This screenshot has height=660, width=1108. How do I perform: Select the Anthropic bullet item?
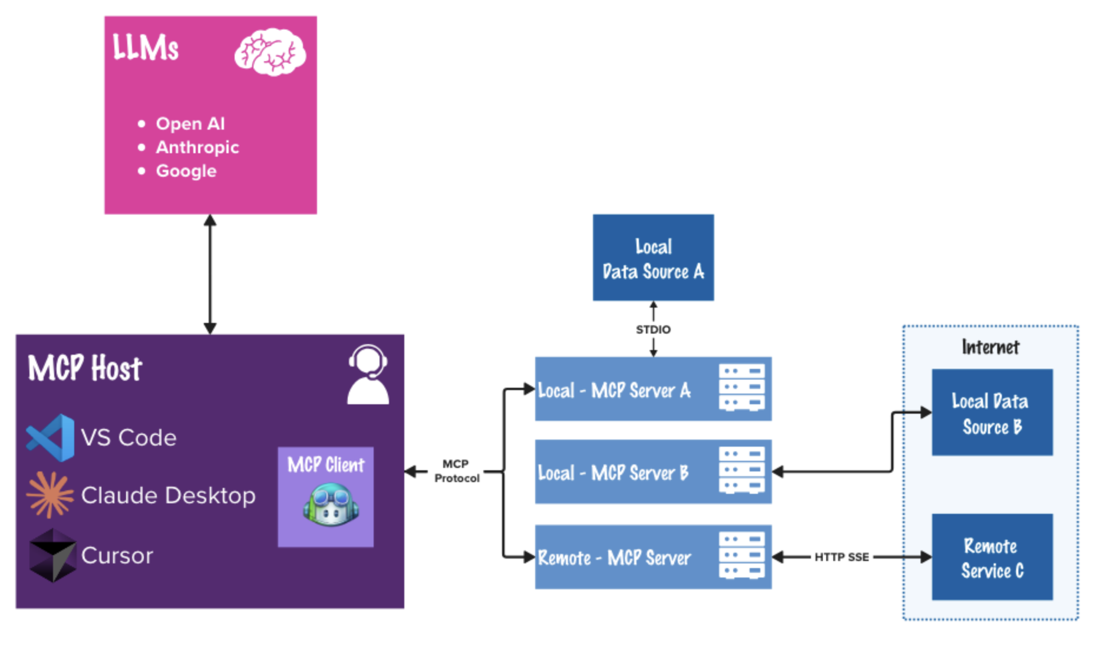tap(197, 147)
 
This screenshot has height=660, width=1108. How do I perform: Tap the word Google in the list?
tap(186, 171)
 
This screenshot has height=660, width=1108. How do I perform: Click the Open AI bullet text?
tap(190, 124)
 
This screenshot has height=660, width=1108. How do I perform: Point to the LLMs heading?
tap(145, 47)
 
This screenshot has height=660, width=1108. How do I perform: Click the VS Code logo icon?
tap(51, 437)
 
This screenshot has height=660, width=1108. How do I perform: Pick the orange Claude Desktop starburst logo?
tap(51, 495)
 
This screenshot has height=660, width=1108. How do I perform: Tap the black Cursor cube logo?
tap(52, 555)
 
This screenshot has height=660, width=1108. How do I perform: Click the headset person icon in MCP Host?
tap(368, 375)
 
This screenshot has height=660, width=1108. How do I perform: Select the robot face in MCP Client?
tap(331, 505)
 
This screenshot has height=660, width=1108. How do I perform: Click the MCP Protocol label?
tap(456, 471)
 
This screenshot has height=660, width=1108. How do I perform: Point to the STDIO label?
tap(653, 329)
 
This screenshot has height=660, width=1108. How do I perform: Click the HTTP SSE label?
tap(841, 557)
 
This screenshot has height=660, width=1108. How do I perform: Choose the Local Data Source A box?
tap(653, 258)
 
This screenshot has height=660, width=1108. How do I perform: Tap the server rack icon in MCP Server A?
tap(741, 388)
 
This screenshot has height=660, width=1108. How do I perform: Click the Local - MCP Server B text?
tap(613, 473)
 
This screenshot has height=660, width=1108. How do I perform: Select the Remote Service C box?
tap(992, 557)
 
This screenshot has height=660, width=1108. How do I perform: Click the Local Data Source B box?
tap(992, 412)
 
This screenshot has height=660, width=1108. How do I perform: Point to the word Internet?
tap(990, 347)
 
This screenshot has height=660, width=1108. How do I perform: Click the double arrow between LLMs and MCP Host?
tap(210, 274)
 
